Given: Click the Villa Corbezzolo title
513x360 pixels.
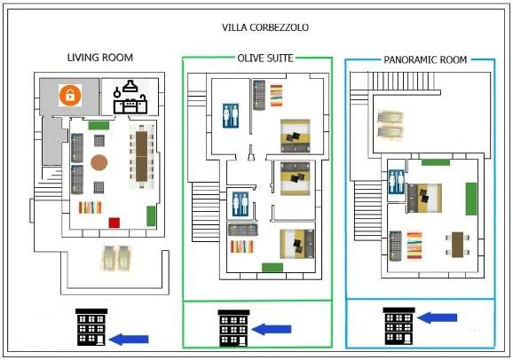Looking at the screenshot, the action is tap(265, 27).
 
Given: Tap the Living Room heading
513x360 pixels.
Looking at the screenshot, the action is tap(100, 58).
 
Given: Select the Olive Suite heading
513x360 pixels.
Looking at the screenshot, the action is tap(265, 59).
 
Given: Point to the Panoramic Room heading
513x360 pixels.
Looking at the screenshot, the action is tap(425, 59).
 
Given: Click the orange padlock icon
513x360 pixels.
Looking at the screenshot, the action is tap(70, 95).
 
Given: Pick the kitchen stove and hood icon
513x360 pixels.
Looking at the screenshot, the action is tap(130, 97).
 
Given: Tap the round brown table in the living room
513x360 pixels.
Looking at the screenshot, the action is tap(99, 162).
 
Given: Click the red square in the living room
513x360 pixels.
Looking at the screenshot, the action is tap(114, 223).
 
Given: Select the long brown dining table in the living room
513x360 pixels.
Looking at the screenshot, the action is tap(141, 156).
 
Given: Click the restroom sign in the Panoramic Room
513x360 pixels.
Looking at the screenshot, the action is tap(396, 182).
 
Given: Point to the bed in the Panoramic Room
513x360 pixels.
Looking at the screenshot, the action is tap(424, 198).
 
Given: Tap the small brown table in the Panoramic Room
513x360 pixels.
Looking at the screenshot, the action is tap(457, 244).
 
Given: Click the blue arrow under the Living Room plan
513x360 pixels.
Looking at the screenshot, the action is tap(129, 340).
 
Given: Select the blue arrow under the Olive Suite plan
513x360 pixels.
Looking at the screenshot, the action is tap(272, 329).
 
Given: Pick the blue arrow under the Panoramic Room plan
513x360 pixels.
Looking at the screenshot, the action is tap(437, 317).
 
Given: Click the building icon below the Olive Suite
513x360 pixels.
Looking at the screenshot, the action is tap(233, 328).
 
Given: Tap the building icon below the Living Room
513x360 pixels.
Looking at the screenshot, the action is tap(91, 327).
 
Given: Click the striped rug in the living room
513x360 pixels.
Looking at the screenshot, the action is tap(90, 207).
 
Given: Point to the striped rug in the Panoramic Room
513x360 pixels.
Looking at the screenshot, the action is tap(414, 246).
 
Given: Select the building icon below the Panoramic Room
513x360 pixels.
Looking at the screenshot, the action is tap(399, 326).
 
